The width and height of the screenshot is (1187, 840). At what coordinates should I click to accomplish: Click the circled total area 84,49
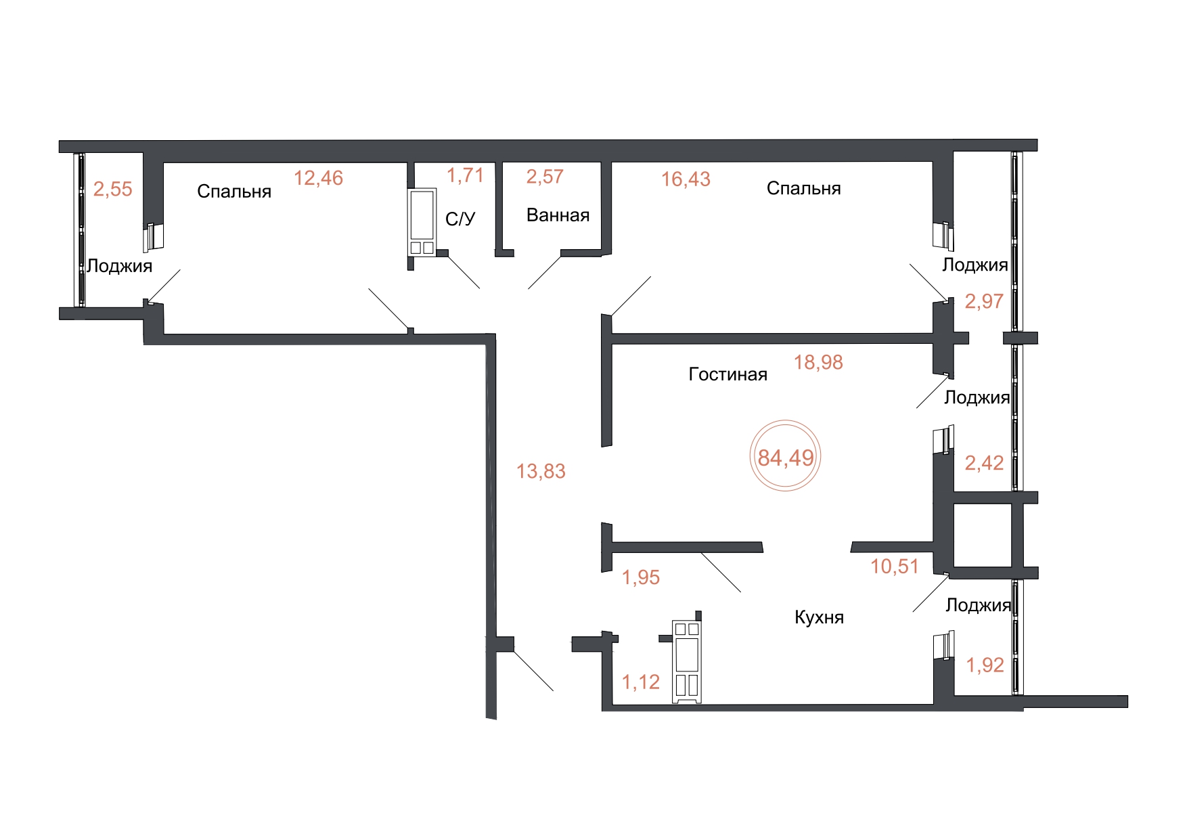click(x=785, y=458)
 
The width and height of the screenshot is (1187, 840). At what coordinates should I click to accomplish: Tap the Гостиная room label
click(x=727, y=374)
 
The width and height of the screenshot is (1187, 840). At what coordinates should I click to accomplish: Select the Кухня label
click(x=819, y=617)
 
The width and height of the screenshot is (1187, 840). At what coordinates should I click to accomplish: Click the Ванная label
click(x=558, y=215)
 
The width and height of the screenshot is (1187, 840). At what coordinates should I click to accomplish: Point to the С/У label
click(x=460, y=219)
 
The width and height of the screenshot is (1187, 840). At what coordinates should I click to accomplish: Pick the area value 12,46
click(x=318, y=178)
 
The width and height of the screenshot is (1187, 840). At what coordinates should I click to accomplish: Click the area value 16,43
click(x=686, y=179)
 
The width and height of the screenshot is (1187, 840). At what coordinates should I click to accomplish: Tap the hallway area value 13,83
click(x=541, y=471)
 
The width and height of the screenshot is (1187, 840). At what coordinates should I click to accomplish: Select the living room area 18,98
click(x=818, y=363)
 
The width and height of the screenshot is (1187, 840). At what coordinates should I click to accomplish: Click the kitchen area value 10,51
click(x=895, y=567)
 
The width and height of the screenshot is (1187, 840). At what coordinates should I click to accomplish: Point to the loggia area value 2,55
click(x=113, y=189)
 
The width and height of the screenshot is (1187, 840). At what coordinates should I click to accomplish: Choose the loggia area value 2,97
click(x=984, y=301)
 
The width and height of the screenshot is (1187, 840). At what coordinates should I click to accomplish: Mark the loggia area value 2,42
click(x=984, y=463)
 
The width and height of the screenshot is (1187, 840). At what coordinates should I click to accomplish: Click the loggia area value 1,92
click(x=985, y=665)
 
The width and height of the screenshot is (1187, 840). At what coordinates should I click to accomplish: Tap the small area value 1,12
click(x=641, y=682)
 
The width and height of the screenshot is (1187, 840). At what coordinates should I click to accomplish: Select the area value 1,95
click(x=641, y=577)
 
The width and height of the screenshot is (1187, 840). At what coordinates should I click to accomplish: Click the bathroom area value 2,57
click(x=545, y=177)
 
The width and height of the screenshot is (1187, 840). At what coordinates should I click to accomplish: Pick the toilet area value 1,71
click(x=465, y=175)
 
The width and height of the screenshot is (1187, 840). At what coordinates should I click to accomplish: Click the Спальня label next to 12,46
click(x=234, y=192)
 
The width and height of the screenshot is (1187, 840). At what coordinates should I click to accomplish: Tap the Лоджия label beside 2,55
click(x=120, y=266)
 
